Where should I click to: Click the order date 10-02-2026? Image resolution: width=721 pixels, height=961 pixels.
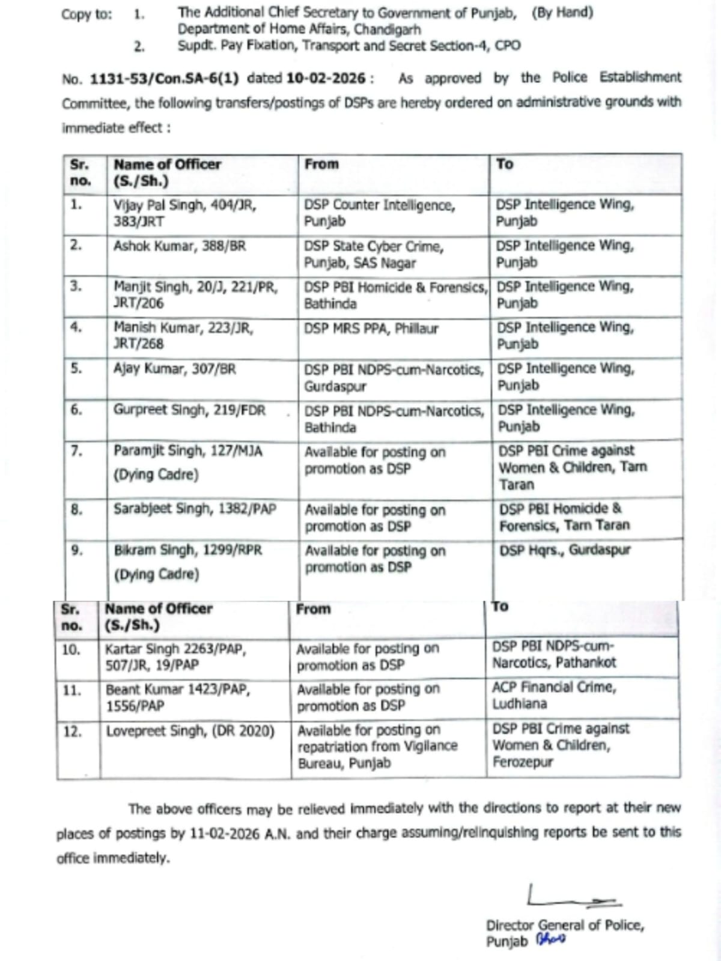pyautogui.click(x=326, y=79)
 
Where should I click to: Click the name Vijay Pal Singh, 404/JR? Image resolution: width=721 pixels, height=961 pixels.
pyautogui.click(x=184, y=205)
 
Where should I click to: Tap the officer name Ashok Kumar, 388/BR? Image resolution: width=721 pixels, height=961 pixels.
pyautogui.click(x=179, y=246)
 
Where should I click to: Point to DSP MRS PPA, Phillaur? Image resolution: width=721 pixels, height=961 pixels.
pyautogui.click(x=371, y=329)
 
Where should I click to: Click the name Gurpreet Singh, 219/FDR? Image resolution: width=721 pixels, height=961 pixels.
pyautogui.click(x=189, y=410)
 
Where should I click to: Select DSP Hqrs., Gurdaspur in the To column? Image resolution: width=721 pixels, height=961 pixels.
pyautogui.click(x=564, y=550)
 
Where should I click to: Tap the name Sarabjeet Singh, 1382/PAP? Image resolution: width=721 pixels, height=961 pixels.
pyautogui.click(x=195, y=509)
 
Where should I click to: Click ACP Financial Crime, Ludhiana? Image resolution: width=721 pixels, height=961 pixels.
pyautogui.click(x=553, y=695)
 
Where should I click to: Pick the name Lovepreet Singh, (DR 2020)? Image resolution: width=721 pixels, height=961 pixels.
pyautogui.click(x=190, y=732)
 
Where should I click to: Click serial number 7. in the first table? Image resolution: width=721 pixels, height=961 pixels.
pyautogui.click(x=76, y=451)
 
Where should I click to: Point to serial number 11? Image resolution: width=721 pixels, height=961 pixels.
pyautogui.click(x=71, y=691)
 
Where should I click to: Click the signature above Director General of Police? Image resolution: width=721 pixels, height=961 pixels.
pyautogui.click(x=571, y=897)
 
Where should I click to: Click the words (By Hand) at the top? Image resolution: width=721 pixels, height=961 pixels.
pyautogui.click(x=562, y=13)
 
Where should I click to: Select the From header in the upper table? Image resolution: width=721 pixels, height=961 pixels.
pyautogui.click(x=321, y=164)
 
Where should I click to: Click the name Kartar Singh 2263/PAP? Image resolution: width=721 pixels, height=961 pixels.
pyautogui.click(x=175, y=649)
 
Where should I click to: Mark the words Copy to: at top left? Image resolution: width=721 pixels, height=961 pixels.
pyautogui.click(x=86, y=14)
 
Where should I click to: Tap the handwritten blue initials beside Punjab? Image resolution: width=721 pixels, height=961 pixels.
pyautogui.click(x=551, y=940)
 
